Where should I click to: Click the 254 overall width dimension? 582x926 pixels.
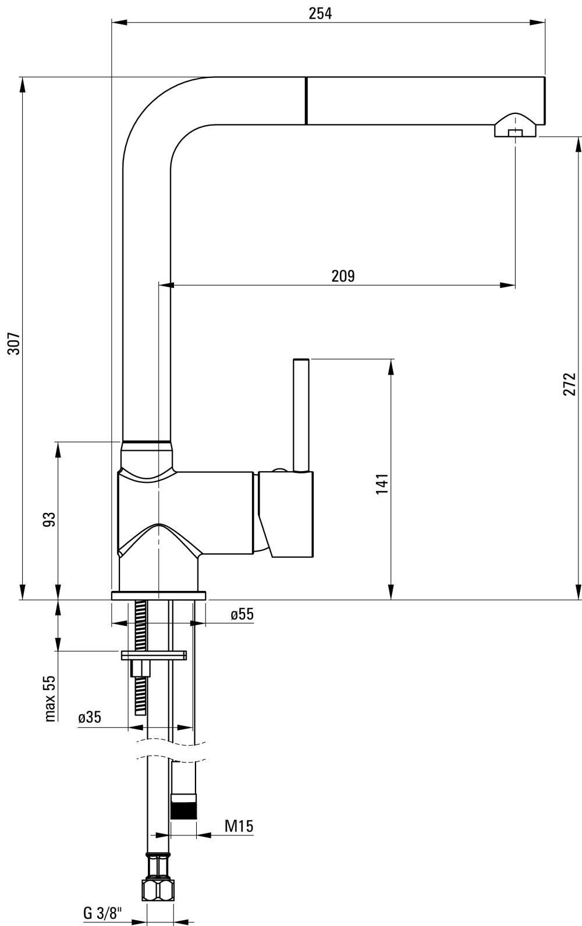coord(320,13)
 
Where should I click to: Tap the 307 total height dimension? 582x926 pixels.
coord(14,343)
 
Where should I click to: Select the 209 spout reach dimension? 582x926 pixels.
coord(343,276)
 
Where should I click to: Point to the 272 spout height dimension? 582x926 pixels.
coord(570,384)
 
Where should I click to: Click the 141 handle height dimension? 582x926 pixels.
coord(382,484)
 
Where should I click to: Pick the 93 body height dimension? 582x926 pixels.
coord(49,519)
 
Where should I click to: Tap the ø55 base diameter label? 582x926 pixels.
coord(242,614)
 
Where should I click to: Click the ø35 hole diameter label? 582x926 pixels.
coord(90,717)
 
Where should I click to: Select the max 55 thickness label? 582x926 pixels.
coord(49,699)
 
